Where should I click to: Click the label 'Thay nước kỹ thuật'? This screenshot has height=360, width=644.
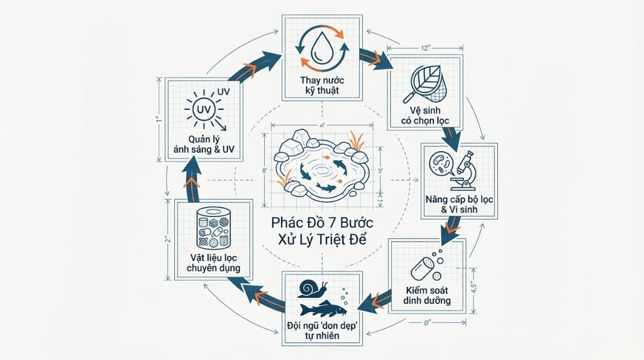click(x=322, y=86)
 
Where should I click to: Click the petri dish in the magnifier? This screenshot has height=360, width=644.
click(x=438, y=162)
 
